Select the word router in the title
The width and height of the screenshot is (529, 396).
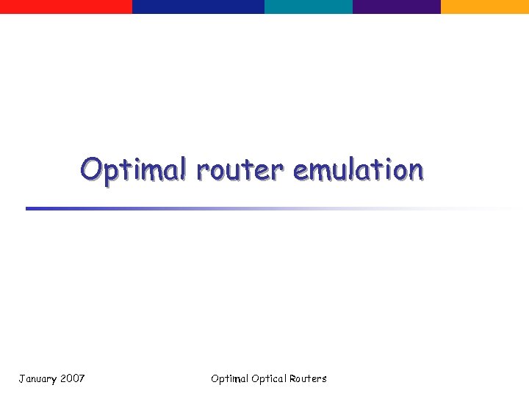pyautogui.click(x=239, y=171)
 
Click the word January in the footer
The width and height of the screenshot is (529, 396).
pyautogui.click(x=36, y=378)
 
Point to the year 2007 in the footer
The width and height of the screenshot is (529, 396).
pyautogui.click(x=72, y=378)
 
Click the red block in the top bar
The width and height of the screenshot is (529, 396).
pyautogui.click(x=66, y=7)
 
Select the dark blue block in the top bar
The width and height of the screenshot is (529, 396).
pyautogui.click(x=198, y=7)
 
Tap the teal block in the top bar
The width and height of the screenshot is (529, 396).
pyautogui.click(x=309, y=7)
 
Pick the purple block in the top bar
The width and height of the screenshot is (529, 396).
pyautogui.click(x=397, y=7)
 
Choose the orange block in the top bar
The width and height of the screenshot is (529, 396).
pyautogui.click(x=485, y=7)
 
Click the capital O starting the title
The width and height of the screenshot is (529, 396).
pyautogui.click(x=92, y=169)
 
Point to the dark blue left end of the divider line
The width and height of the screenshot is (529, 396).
pyautogui.click(x=33, y=208)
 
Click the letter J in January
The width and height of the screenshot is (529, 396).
pyautogui.click(x=21, y=378)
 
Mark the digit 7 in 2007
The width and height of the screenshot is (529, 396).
pyautogui.click(x=82, y=378)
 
